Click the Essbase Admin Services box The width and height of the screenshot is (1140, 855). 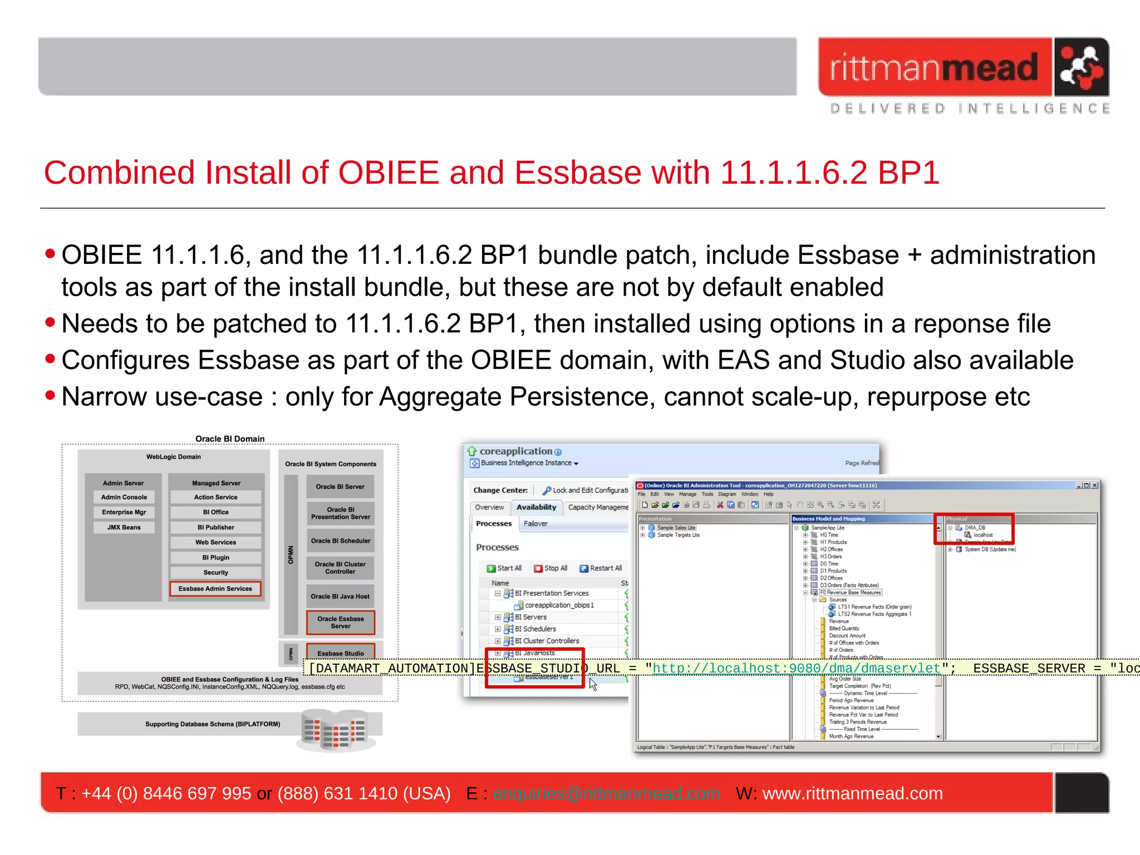tap(215, 588)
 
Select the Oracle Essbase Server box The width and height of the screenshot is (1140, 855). tap(341, 622)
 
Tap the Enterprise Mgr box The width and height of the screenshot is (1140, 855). tap(124, 512)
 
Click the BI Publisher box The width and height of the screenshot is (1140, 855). tap(216, 527)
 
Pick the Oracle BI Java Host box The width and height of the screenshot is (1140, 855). tap(340, 596)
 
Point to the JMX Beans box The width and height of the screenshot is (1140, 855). tap(124, 527)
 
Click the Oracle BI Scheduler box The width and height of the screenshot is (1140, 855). tap(340, 540)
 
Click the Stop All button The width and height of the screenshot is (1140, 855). tap(551, 568)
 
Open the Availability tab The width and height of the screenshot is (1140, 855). tap(536, 507)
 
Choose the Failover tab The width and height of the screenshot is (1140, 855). tap(535, 524)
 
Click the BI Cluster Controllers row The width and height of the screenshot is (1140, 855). tap(547, 641)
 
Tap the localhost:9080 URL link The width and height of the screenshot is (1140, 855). tap(796, 668)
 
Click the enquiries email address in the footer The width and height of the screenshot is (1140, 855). tap(606, 793)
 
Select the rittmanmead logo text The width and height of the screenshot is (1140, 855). tap(934, 68)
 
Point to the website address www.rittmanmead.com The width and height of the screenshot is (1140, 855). tap(852, 793)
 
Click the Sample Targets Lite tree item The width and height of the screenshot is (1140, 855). tap(678, 535)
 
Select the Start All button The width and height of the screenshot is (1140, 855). tap(504, 568)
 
